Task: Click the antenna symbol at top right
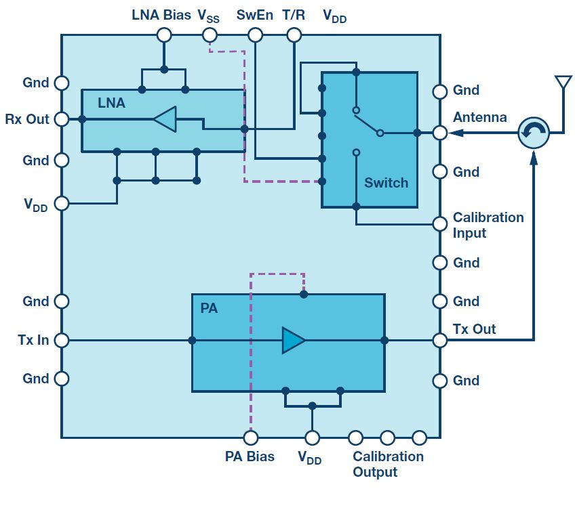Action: pos(561,83)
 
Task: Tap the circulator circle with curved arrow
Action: pos(534,132)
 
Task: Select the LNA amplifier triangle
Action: pos(165,119)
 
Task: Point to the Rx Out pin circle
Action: pos(62,119)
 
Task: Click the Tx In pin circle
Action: pos(62,340)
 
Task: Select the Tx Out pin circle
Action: pos(440,340)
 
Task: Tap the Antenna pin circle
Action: pos(440,133)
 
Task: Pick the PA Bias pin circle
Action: pos(250,438)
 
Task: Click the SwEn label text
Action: pos(254,15)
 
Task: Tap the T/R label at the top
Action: pos(294,15)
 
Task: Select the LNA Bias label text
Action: pos(161,15)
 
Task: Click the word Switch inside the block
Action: pos(386,183)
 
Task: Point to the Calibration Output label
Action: pos(388,464)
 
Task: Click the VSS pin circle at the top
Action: pos(210,35)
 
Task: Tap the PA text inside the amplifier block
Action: pos(209,309)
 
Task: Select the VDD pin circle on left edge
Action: pos(62,203)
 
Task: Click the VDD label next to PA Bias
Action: pos(310,457)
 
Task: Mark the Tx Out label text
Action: pos(474,329)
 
